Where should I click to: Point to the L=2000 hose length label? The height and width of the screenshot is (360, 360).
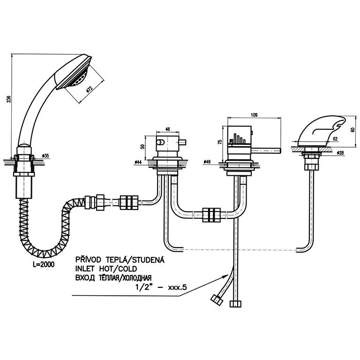44,264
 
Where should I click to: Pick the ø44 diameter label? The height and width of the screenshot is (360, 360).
138,162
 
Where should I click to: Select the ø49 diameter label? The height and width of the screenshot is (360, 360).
207,162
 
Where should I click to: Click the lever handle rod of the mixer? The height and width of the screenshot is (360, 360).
267,150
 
